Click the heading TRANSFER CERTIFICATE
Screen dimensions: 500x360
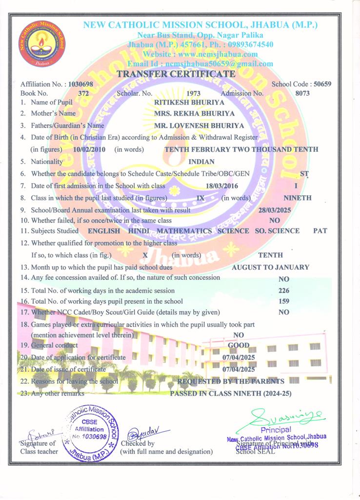click(x=176, y=74)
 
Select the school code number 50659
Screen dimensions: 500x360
click(x=322, y=84)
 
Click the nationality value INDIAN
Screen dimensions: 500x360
click(x=201, y=162)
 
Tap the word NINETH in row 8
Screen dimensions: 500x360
click(x=297, y=198)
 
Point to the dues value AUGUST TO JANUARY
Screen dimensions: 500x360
click(x=270, y=267)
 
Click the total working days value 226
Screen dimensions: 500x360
click(x=283, y=291)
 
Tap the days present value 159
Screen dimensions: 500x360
click(x=283, y=301)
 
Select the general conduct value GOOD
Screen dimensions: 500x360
click(x=239, y=345)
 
